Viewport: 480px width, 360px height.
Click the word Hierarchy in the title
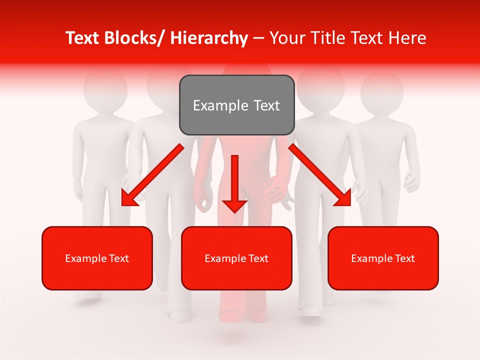tap(209, 38)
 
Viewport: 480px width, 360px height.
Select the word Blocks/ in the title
tap(133, 38)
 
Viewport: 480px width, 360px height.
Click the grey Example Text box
tap(236, 105)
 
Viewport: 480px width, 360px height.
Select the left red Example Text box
tap(97, 258)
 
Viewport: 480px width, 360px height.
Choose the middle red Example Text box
tap(236, 258)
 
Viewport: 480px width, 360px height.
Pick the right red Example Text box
tap(383, 258)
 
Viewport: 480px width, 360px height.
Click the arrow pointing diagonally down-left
tap(152, 175)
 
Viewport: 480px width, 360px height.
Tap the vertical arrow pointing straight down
tap(234, 182)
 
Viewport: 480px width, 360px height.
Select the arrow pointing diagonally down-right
tap(320, 175)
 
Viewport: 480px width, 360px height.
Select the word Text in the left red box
tap(118, 258)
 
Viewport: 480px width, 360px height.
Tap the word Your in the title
tap(287, 38)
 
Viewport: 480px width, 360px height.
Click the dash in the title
tap(258, 38)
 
